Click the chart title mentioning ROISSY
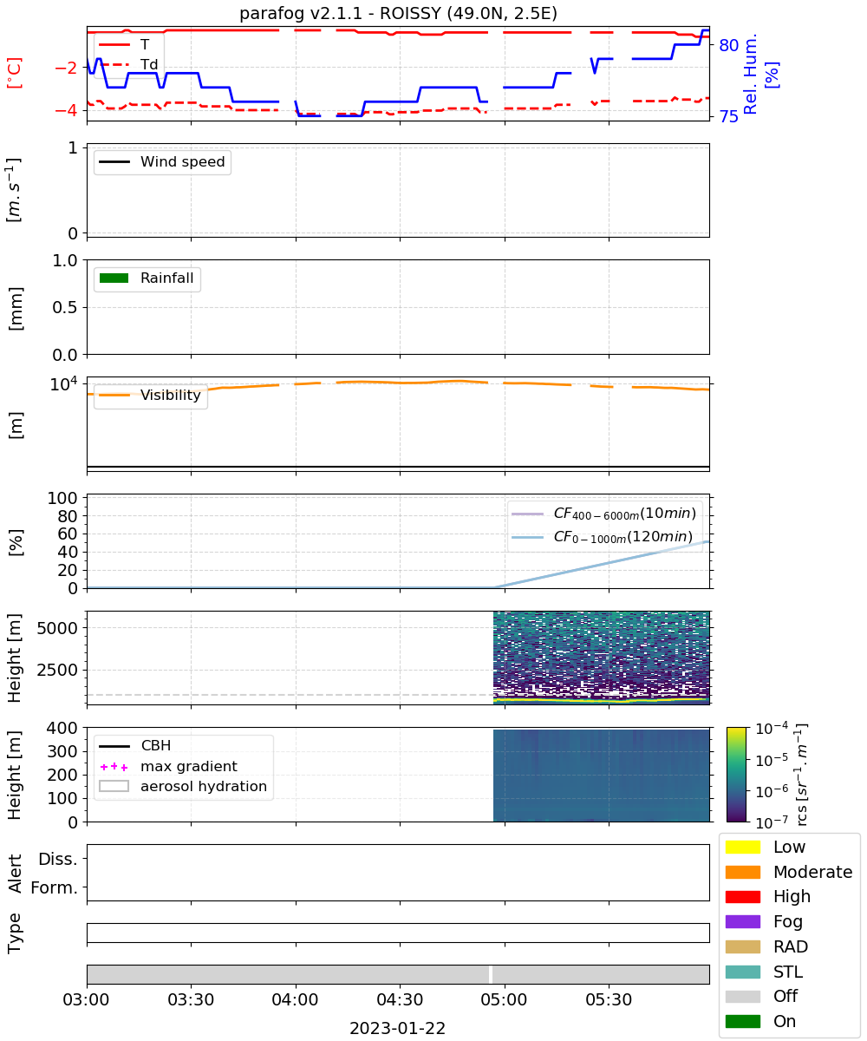(x=398, y=13)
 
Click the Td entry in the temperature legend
(x=128, y=64)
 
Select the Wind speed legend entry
(x=162, y=161)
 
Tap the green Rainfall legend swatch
(x=114, y=278)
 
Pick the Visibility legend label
(x=171, y=395)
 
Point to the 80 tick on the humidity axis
(x=728, y=45)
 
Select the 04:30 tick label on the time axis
(x=400, y=999)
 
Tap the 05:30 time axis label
(x=609, y=999)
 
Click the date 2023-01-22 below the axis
(x=398, y=1028)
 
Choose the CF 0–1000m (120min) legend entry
(x=602, y=537)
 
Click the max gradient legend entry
(x=168, y=766)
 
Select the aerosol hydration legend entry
(x=183, y=786)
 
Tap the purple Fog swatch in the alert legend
(x=742, y=921)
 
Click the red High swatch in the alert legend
(x=742, y=896)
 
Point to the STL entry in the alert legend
(x=764, y=972)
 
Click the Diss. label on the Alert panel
(x=58, y=859)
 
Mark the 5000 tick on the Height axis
(x=57, y=628)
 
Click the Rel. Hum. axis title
(x=749, y=74)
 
